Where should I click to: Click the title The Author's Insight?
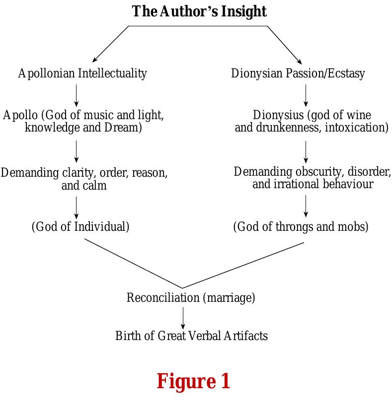point(199,11)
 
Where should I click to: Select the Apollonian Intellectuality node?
point(82,73)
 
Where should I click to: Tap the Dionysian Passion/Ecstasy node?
point(298,73)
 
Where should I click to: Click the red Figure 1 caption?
point(193,381)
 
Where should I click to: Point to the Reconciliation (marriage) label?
point(191,298)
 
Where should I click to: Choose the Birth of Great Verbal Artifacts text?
point(191,336)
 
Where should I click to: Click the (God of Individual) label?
point(80,227)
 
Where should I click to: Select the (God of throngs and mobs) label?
point(301,227)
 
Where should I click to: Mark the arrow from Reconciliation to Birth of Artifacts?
point(183,318)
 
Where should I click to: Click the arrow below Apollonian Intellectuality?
point(76,95)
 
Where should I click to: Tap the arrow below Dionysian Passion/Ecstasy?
point(306,95)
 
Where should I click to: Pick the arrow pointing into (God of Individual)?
point(76,208)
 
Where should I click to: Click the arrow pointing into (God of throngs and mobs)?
point(306,206)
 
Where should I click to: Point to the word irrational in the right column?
point(296,184)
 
